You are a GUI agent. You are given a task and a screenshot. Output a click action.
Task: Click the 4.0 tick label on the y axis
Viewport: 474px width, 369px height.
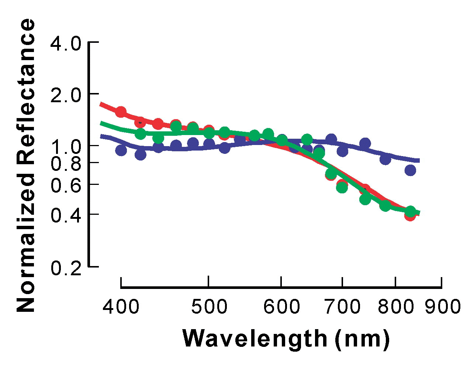tap(66, 44)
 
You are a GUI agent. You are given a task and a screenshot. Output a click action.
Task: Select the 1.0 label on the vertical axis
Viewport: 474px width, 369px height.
tap(66, 147)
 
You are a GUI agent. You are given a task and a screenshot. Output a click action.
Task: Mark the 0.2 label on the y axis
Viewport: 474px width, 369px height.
tap(66, 268)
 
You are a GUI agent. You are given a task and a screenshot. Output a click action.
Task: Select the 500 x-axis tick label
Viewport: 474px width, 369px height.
tap(209, 307)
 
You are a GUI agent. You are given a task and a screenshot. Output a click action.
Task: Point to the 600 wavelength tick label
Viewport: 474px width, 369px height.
tap(281, 307)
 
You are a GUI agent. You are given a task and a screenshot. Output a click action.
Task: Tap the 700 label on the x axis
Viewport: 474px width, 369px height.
tap(342, 307)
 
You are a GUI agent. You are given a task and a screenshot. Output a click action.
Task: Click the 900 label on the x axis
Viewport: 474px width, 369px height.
tap(442, 307)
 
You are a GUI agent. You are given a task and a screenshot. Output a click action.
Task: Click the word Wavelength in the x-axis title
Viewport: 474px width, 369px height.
tap(255, 339)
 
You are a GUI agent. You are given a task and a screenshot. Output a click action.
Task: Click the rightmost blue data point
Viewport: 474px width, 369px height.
tap(410, 170)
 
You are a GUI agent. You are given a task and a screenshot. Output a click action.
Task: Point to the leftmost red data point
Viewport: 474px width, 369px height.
tap(121, 111)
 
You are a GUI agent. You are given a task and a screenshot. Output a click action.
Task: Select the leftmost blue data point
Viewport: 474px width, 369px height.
tap(121, 150)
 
